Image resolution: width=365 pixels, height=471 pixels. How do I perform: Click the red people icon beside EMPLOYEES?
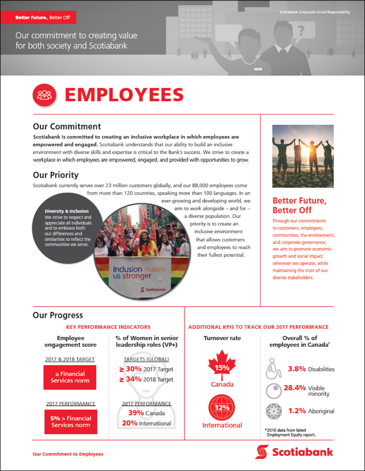point(44,95)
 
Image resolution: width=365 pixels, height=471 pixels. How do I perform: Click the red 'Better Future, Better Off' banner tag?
point(42,18)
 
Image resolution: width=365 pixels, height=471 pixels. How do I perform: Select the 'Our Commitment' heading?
point(67,127)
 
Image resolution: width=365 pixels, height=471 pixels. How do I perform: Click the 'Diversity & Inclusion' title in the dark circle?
point(67,211)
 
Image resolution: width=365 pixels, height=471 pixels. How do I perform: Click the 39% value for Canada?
point(136,413)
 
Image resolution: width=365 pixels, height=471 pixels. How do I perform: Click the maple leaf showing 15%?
point(222,367)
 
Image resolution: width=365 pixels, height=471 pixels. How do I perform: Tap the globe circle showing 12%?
point(222,408)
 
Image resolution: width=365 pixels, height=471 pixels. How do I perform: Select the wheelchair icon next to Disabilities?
point(274,369)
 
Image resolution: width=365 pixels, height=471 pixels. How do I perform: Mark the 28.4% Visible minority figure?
point(295,388)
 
